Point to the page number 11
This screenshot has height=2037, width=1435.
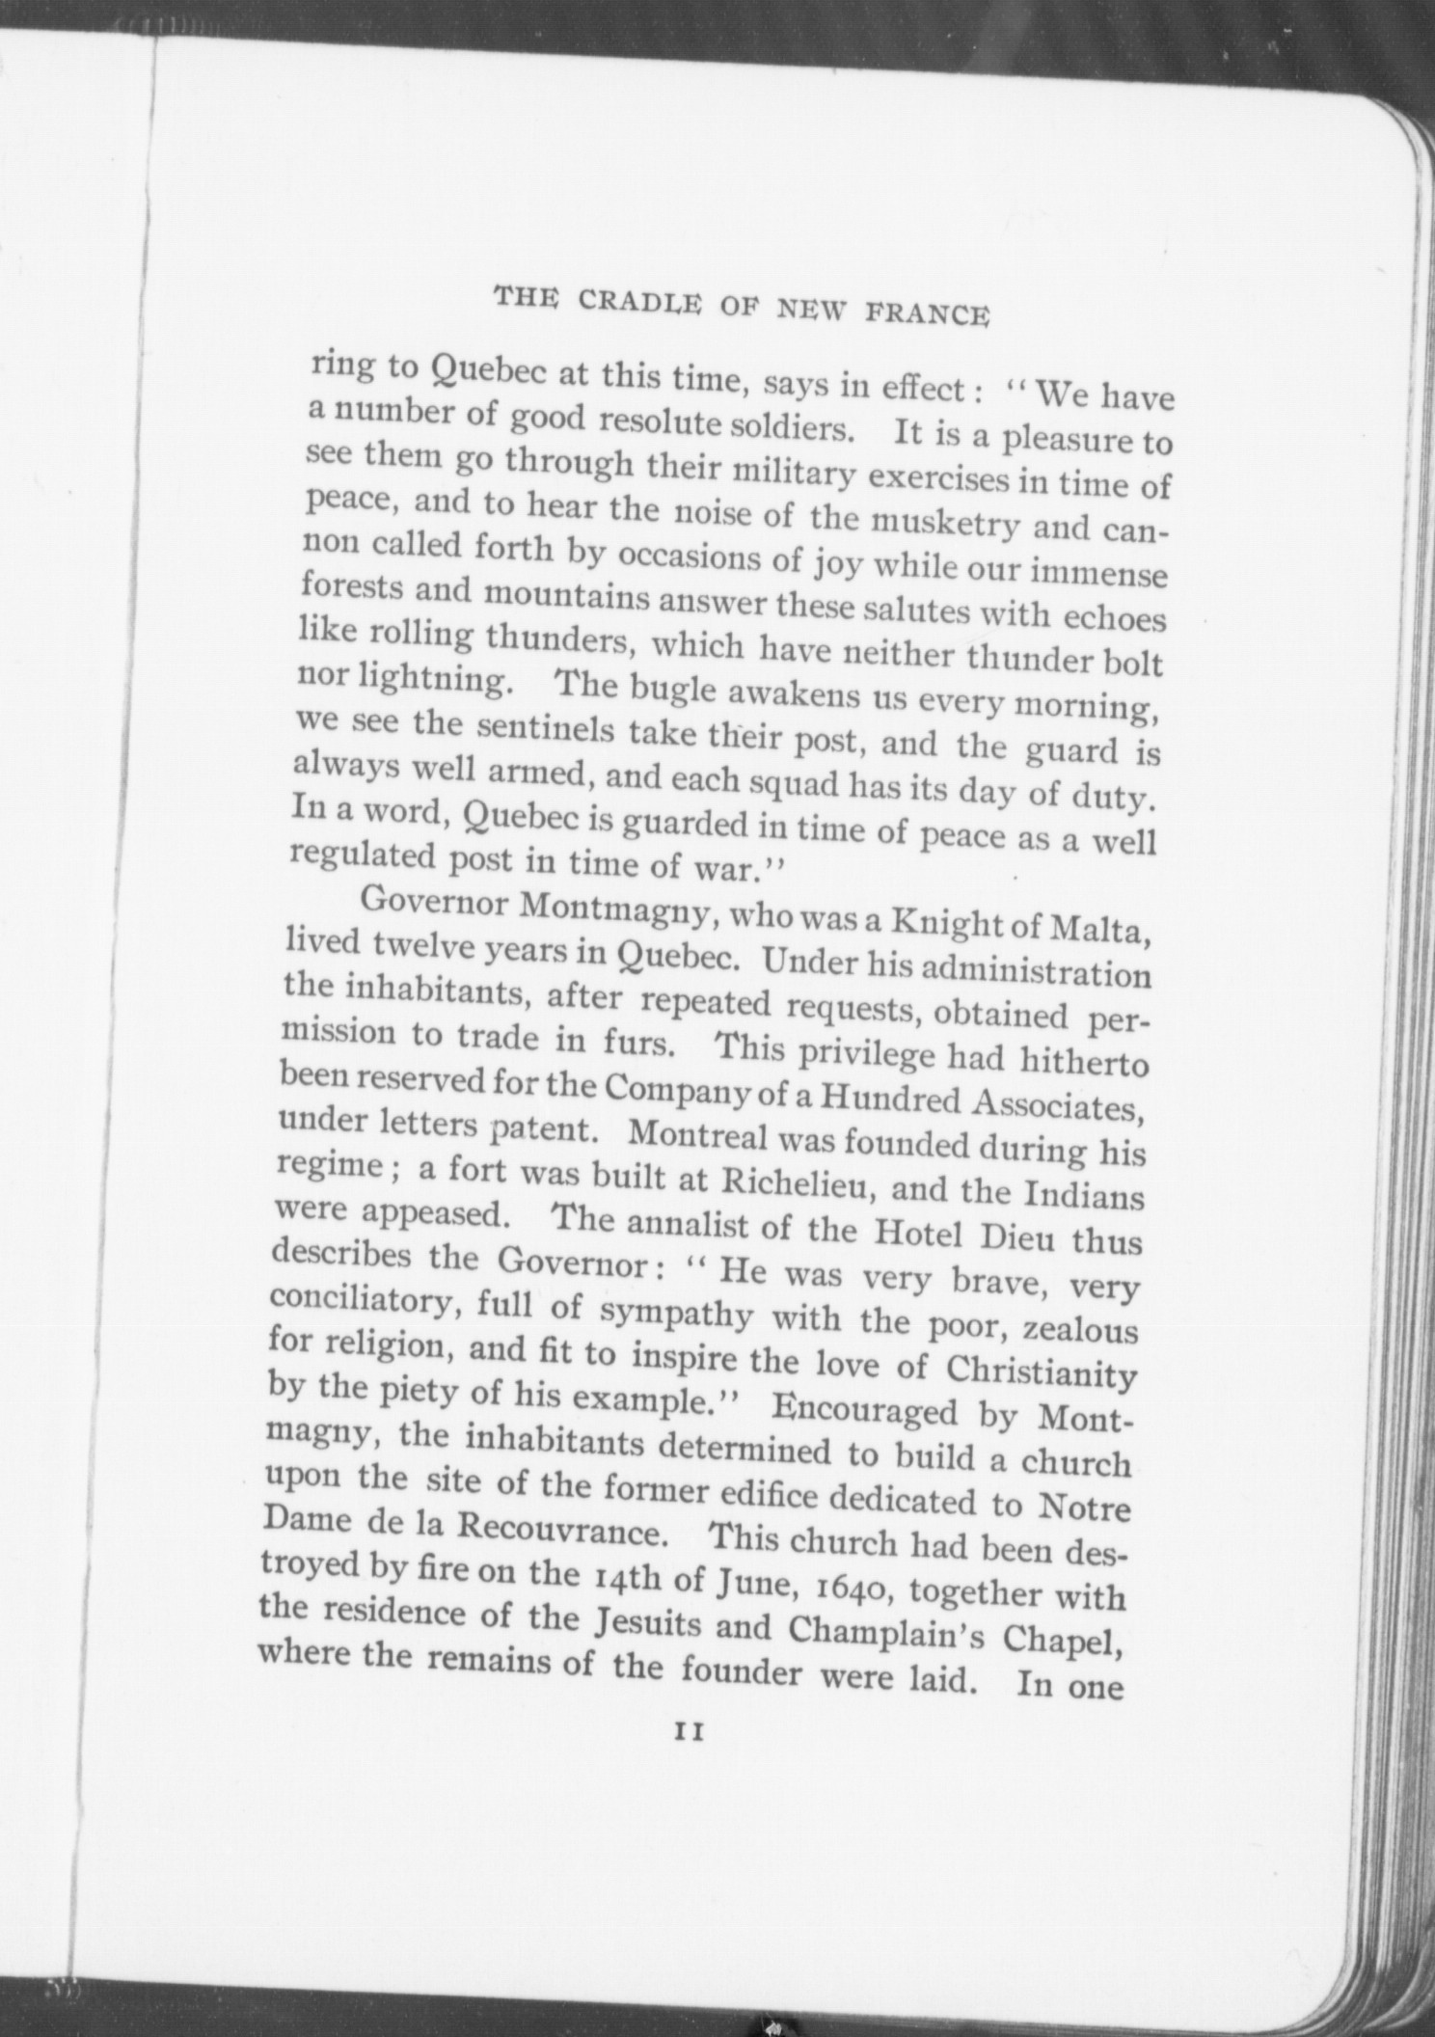691,1759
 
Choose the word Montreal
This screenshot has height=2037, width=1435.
696,1134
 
